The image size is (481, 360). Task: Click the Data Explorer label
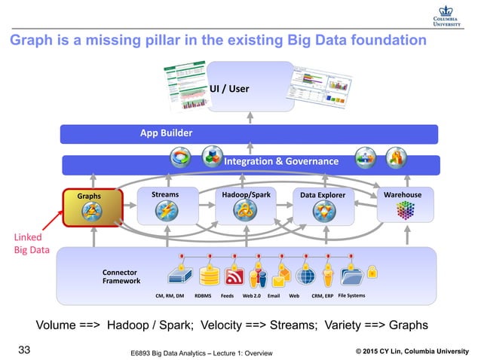(322, 195)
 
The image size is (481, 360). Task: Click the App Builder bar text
(166, 133)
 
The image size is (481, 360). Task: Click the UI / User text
(229, 90)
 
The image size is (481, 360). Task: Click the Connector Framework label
(121, 276)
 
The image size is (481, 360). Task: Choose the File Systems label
(351, 296)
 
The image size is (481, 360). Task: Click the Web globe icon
(305, 276)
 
